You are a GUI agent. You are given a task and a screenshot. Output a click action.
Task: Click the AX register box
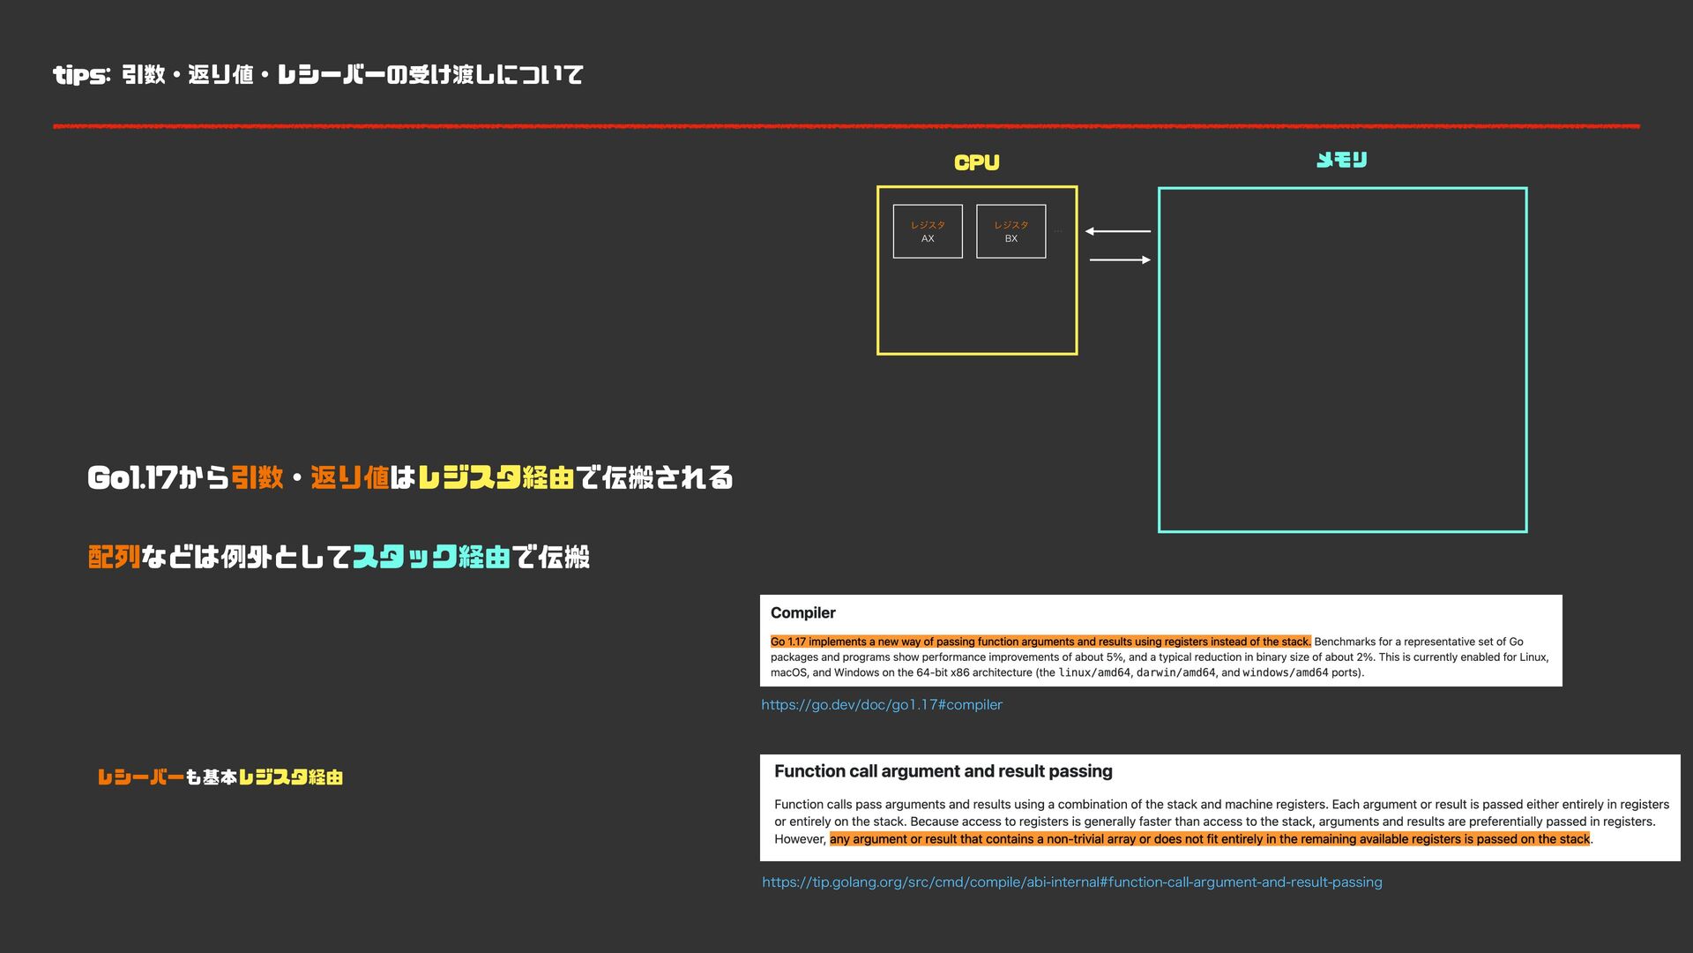tap(928, 231)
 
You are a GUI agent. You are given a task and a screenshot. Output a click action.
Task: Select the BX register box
tap(1011, 231)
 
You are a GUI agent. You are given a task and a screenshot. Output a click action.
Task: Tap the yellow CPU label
tap(976, 162)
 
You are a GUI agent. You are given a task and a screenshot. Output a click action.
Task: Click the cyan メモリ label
tap(1341, 160)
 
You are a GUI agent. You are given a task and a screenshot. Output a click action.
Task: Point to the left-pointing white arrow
tap(1117, 231)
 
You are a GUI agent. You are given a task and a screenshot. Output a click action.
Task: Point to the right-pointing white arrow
tap(1120, 259)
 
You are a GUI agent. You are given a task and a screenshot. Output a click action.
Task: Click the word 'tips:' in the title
tap(81, 75)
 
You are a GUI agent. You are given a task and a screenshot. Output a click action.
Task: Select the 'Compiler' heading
tap(802, 612)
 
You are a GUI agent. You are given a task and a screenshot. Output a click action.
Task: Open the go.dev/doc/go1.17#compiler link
tap(882, 704)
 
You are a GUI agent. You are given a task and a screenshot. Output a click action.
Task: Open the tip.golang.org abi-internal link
tap(1071, 882)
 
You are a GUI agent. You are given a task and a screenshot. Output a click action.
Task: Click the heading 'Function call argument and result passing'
tap(943, 771)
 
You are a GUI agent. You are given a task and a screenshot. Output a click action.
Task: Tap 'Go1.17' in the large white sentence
tap(132, 478)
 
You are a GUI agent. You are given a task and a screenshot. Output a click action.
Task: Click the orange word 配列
tap(114, 557)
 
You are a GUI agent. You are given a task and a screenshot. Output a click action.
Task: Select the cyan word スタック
tap(405, 557)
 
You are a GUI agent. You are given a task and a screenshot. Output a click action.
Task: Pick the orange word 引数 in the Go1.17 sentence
tap(257, 478)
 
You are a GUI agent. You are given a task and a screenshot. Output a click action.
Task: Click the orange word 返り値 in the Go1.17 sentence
tap(349, 478)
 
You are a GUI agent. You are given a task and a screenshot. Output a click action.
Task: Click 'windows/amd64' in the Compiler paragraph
tap(1285, 672)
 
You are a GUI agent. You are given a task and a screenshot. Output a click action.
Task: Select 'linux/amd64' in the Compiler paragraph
tap(1093, 672)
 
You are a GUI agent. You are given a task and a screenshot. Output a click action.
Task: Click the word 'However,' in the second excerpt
tap(800, 839)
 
